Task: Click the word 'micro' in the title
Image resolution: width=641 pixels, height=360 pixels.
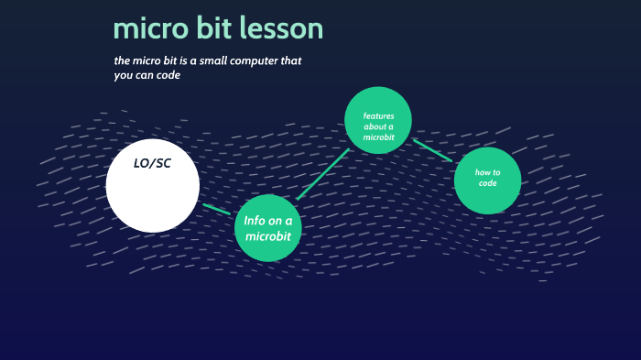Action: [147, 29]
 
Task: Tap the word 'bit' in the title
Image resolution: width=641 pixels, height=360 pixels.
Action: [212, 29]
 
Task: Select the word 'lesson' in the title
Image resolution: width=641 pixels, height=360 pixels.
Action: [281, 29]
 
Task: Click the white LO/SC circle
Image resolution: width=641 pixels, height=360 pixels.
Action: [152, 187]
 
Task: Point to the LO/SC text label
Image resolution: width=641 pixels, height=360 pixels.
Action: [152, 163]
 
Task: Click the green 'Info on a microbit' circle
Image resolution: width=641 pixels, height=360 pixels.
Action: [268, 228]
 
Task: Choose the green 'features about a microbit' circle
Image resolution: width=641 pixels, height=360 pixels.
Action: [378, 120]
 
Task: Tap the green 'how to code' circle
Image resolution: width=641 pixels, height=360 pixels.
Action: [487, 180]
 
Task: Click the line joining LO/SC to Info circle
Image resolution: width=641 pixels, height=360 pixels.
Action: [217, 210]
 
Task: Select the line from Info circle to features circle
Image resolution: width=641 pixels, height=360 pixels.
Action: [323, 174]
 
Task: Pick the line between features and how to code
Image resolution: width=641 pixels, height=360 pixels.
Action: [432, 150]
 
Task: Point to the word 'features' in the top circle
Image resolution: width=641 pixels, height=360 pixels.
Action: [378, 115]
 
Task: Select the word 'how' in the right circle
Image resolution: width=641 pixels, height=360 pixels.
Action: [483, 173]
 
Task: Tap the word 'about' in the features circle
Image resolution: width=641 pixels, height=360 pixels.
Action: [373, 126]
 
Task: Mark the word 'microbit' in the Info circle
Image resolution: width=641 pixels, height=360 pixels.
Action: [267, 236]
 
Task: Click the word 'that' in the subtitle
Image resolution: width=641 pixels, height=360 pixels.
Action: [290, 61]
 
